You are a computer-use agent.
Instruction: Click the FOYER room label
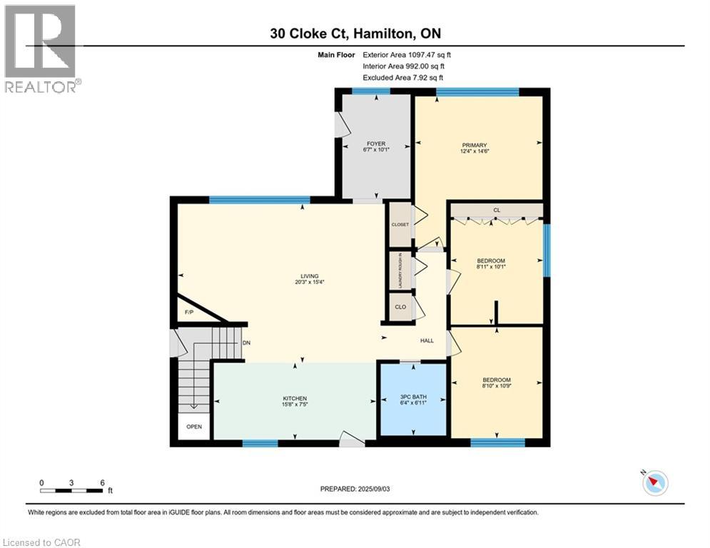(x=375, y=144)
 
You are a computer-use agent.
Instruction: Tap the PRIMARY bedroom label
(x=474, y=144)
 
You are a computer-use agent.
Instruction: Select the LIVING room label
(x=309, y=276)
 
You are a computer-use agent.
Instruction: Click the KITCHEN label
(x=295, y=399)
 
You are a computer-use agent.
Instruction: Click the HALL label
(x=427, y=340)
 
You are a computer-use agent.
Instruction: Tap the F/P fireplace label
(x=189, y=313)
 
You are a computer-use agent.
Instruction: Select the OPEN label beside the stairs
(x=194, y=427)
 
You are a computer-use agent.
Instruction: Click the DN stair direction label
(x=246, y=342)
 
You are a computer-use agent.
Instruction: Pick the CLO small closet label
(x=400, y=308)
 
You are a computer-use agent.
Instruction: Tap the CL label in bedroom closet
(x=496, y=210)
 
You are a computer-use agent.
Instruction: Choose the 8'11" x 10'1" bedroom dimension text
(x=491, y=268)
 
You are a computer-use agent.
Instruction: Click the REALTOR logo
(x=41, y=49)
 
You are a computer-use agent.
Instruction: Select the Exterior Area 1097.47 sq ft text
(x=407, y=54)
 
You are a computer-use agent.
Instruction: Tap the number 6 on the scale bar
(x=103, y=482)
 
